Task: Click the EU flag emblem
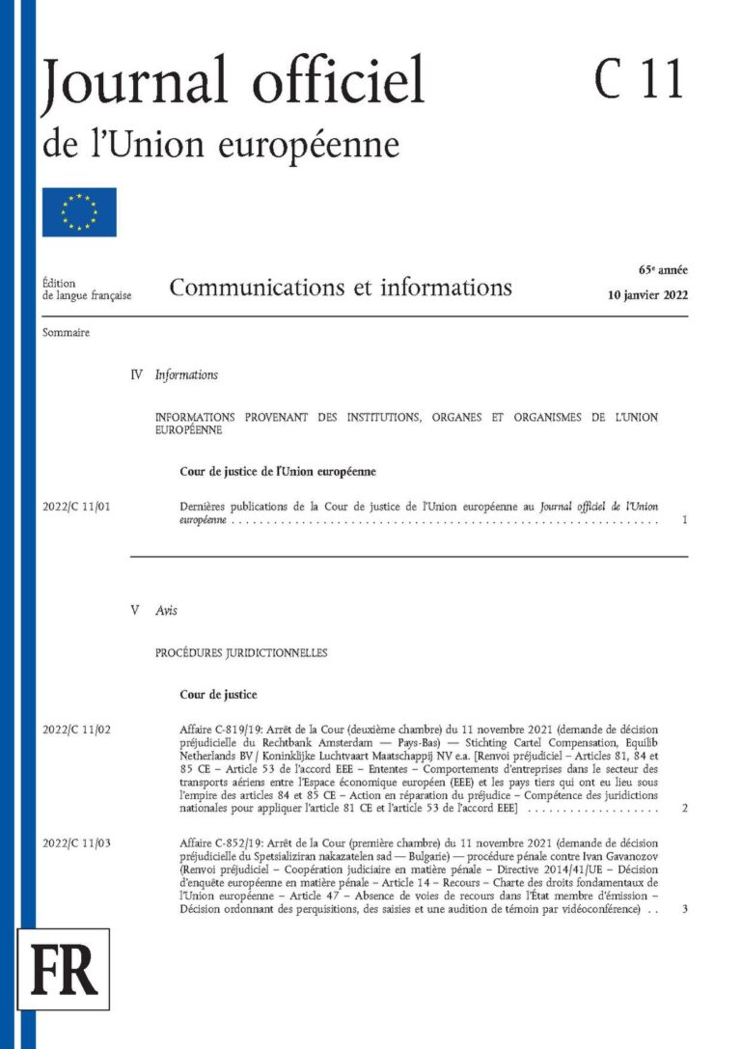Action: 79,212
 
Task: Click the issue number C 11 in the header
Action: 638,79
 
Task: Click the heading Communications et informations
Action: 341,287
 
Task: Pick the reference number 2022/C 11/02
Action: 77,729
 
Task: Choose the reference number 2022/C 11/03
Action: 77,844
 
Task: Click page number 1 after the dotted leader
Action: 683,520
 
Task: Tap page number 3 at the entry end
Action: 683,910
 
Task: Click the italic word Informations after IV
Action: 186,374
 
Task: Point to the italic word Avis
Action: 166,610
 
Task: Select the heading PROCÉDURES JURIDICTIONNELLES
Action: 241,652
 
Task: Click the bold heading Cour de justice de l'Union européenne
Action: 277,472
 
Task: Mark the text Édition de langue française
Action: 87,289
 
